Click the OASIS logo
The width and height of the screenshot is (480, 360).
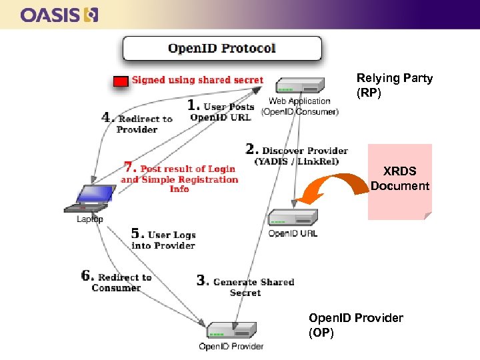(59, 15)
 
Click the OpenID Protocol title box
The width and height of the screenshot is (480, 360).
(221, 49)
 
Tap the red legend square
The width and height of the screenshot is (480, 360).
(121, 81)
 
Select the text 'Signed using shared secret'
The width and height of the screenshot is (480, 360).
(197, 80)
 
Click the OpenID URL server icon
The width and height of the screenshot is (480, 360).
(293, 217)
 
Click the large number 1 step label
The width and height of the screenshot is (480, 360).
(193, 105)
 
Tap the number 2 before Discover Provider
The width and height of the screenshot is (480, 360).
(252, 149)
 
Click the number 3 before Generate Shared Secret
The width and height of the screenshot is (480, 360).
(203, 280)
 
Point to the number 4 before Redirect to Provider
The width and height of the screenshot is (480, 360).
(107, 117)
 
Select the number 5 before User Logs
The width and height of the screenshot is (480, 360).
(137, 233)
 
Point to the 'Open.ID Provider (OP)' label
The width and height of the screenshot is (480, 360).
(356, 325)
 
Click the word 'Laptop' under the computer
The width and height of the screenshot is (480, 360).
(90, 219)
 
